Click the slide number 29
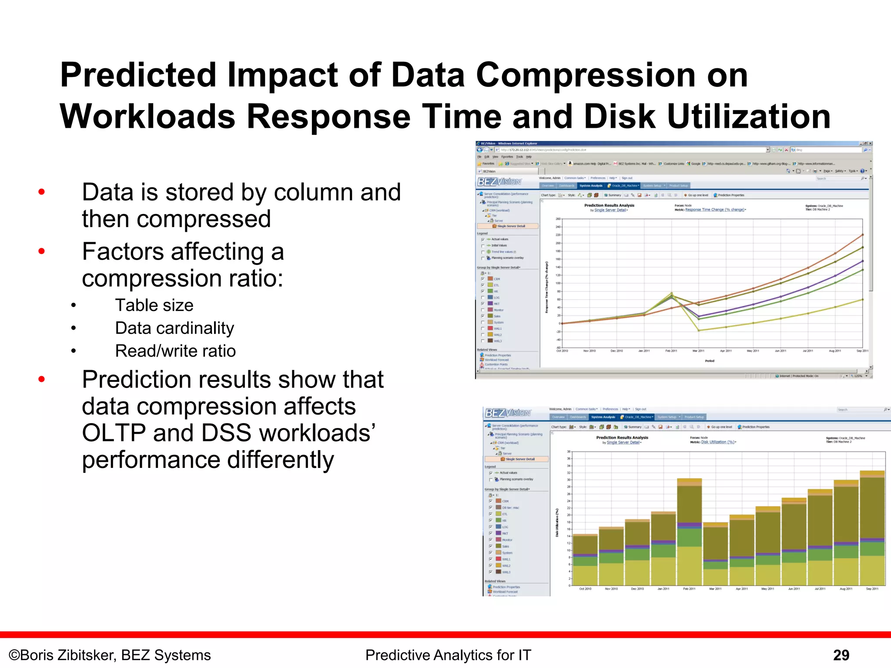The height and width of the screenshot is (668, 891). [x=841, y=655]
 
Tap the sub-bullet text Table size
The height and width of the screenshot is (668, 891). [x=154, y=305]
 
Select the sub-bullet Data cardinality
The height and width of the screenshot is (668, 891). [x=174, y=328]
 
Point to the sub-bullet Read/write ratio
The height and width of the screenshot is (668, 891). [x=175, y=351]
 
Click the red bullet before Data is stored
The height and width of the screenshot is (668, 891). [x=42, y=192]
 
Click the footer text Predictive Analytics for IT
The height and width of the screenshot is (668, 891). [x=448, y=655]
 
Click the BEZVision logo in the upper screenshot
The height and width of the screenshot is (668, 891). [x=499, y=182]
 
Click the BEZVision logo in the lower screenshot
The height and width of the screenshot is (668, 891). [x=508, y=413]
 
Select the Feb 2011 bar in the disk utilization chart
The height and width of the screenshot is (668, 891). [x=689, y=533]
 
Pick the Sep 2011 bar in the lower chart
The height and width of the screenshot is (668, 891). [x=872, y=528]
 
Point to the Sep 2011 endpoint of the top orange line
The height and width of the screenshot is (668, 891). [x=862, y=235]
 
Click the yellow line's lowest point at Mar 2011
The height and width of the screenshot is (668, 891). [x=699, y=331]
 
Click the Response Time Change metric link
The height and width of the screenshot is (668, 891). [x=714, y=210]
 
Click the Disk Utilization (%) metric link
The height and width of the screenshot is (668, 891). [x=717, y=442]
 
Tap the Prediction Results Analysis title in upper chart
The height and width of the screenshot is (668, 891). [x=609, y=205]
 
